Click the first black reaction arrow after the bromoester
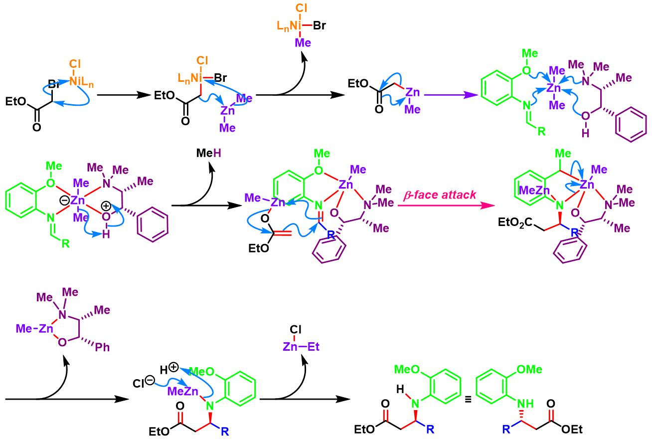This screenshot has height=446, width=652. pyautogui.click(x=118, y=94)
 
